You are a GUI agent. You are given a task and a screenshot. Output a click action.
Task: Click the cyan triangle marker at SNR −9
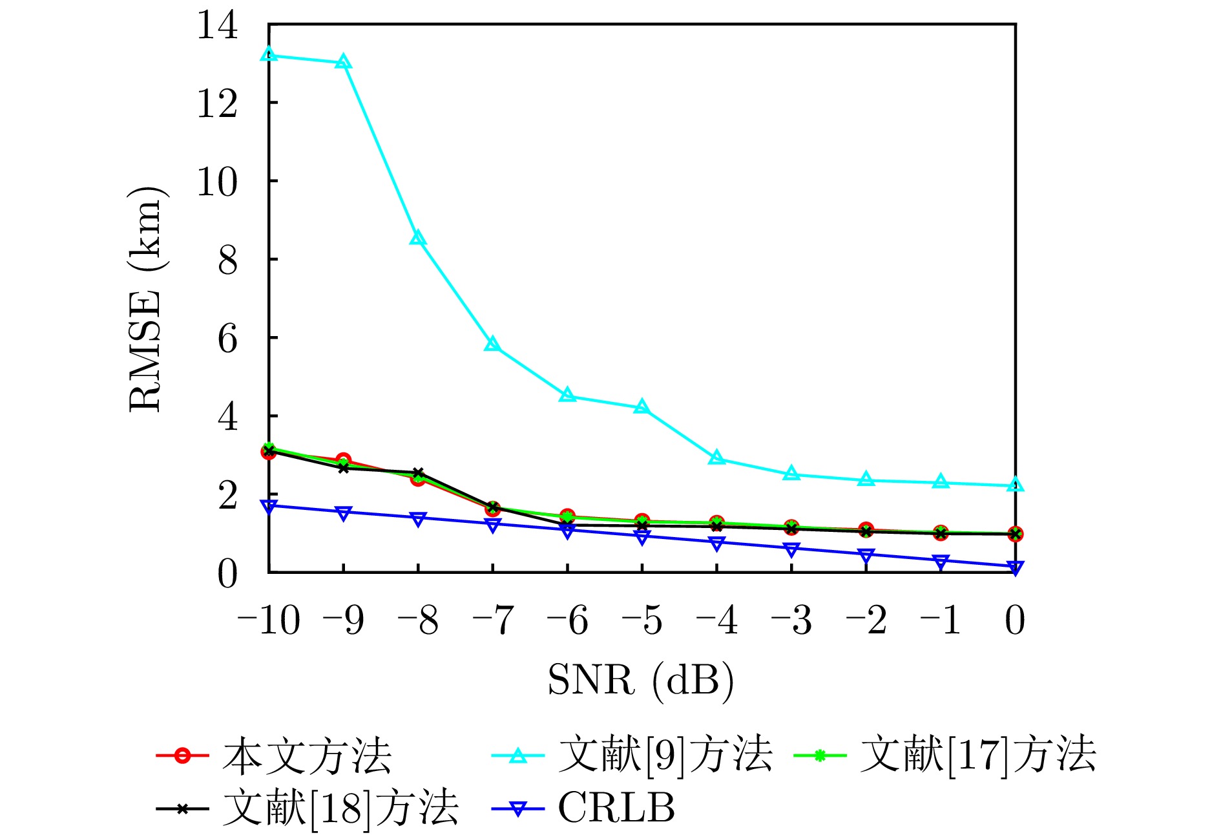click(x=343, y=62)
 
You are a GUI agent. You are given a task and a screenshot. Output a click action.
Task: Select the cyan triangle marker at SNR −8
click(x=418, y=238)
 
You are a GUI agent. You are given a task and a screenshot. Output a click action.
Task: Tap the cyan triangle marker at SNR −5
click(x=642, y=407)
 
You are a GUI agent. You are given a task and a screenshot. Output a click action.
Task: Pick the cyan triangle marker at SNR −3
click(x=791, y=474)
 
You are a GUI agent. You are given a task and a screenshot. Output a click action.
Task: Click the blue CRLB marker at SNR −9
click(x=343, y=513)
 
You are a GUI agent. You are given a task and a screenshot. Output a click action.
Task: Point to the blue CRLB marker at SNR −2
click(x=866, y=555)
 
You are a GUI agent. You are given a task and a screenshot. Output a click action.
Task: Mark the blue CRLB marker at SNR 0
click(x=1015, y=567)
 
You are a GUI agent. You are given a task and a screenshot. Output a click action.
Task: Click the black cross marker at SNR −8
click(x=418, y=473)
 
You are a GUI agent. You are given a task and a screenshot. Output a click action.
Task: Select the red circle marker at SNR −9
click(x=343, y=460)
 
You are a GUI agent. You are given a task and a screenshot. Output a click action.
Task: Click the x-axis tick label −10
click(x=269, y=620)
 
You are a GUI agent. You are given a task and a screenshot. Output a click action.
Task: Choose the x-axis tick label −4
click(x=716, y=620)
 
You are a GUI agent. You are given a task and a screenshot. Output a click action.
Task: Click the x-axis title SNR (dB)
click(x=641, y=680)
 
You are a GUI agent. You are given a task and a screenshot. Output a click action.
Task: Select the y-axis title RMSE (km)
click(x=146, y=299)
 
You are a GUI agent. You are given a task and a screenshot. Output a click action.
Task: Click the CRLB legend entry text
click(x=616, y=808)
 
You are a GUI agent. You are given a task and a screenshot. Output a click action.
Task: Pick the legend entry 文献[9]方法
click(x=665, y=755)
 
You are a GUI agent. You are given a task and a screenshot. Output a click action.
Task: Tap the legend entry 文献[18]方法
click(x=340, y=808)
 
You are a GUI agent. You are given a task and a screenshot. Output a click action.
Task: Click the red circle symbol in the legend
click(x=183, y=756)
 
